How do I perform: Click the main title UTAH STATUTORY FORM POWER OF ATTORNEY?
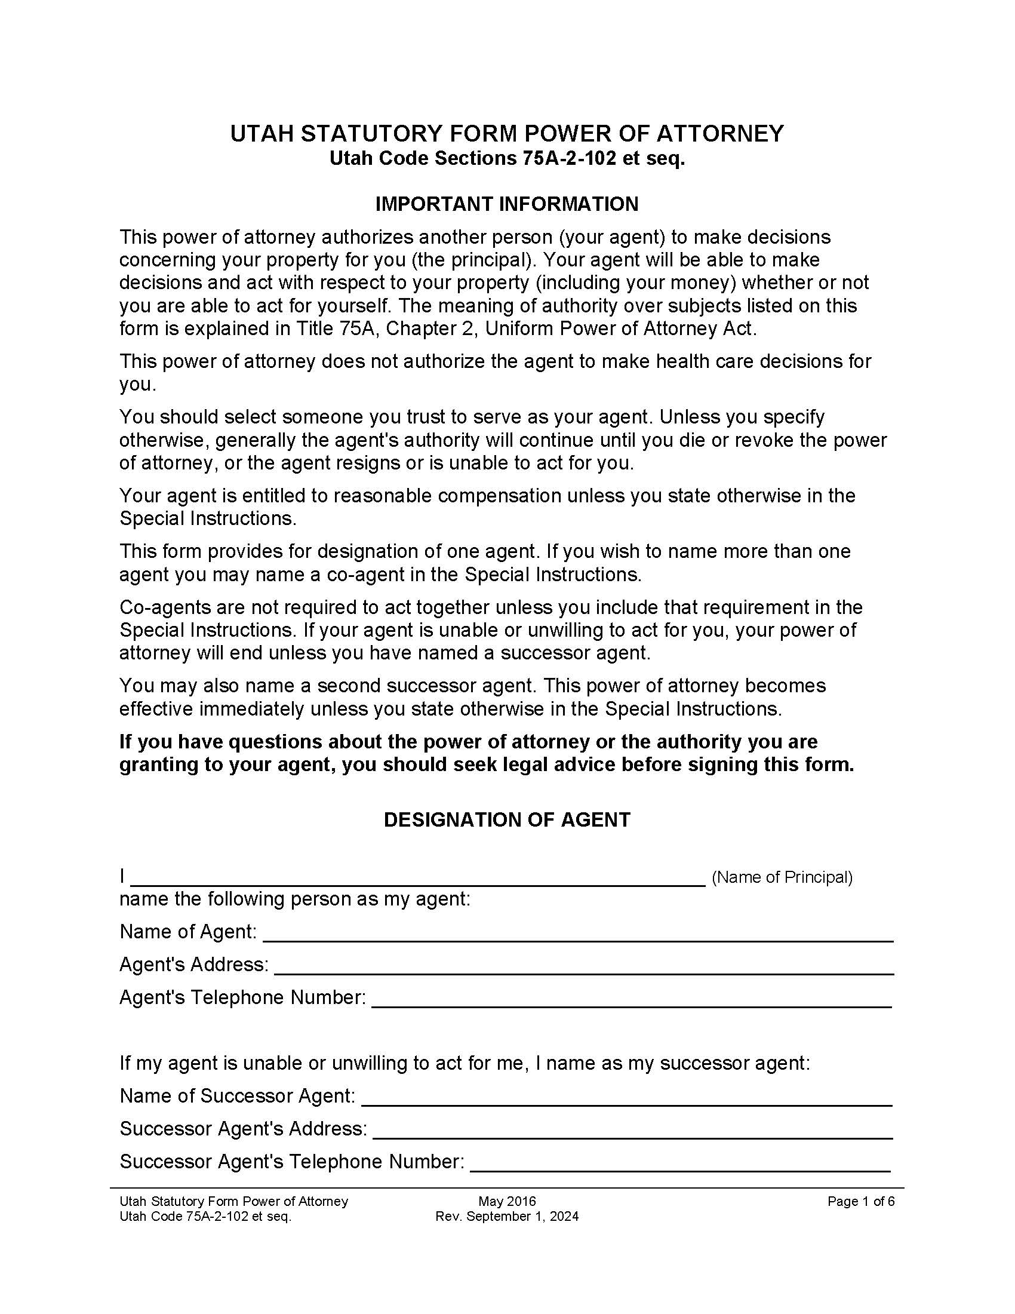point(507,134)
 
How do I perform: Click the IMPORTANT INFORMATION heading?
point(507,204)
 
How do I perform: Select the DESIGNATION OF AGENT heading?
point(507,820)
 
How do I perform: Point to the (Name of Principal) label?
point(782,878)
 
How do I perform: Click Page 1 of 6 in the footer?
point(860,1202)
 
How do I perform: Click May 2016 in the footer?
point(507,1202)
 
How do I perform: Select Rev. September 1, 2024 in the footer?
point(507,1217)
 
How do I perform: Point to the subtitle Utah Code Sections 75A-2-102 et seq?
point(507,159)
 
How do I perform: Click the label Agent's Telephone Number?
point(242,997)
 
